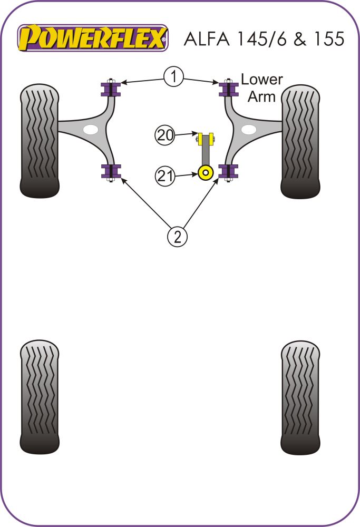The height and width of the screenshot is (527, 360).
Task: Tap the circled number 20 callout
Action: pos(165,136)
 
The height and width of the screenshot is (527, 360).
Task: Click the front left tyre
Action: pos(40,141)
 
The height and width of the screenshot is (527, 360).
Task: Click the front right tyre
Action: pos(301,141)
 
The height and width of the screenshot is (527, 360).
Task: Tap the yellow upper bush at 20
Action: pos(206,139)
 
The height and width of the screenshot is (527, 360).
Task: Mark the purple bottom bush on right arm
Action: pos(229,171)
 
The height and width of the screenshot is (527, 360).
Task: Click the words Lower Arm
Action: pos(261,88)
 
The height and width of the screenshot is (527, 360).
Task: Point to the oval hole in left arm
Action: pos(91,130)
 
